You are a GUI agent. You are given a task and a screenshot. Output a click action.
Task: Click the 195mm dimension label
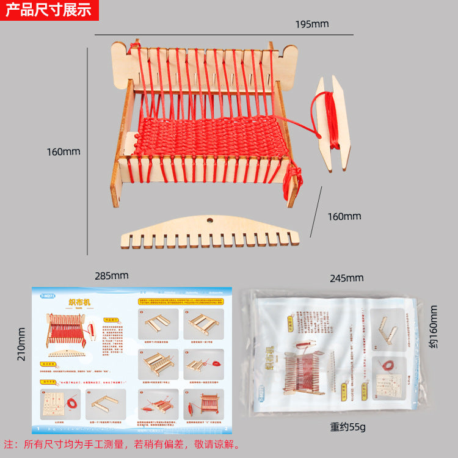click(x=312, y=24)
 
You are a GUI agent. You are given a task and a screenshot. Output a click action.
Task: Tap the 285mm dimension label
click(x=112, y=275)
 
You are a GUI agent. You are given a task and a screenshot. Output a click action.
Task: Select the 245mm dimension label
click(x=346, y=278)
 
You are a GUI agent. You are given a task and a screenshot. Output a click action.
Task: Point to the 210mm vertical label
click(x=21, y=344)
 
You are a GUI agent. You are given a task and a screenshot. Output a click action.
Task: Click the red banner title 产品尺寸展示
click(x=48, y=10)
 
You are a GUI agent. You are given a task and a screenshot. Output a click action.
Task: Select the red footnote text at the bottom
click(x=122, y=444)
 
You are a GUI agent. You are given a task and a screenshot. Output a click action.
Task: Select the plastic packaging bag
click(x=333, y=354)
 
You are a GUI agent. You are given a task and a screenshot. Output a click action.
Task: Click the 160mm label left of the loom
click(x=64, y=151)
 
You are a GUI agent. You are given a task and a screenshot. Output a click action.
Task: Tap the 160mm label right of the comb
click(x=344, y=216)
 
